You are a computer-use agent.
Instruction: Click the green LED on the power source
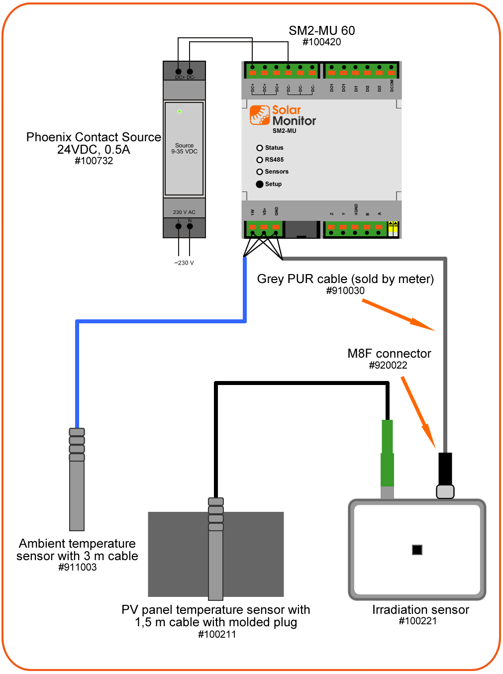click(x=180, y=111)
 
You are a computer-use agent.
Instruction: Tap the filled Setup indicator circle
click(x=260, y=184)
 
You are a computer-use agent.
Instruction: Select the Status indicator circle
click(x=260, y=148)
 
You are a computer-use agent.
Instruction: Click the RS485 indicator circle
click(x=260, y=160)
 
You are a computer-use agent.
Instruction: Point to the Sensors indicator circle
click(x=260, y=172)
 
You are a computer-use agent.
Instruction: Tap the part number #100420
click(x=322, y=42)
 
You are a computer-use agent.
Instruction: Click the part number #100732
click(x=94, y=161)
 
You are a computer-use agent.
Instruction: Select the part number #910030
click(x=345, y=291)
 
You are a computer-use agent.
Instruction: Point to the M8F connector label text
click(x=389, y=354)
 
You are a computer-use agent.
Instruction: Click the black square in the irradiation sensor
click(x=417, y=550)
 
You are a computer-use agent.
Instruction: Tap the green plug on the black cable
click(x=387, y=453)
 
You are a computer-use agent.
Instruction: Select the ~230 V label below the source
click(x=184, y=263)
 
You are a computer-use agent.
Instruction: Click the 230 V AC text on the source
click(x=184, y=212)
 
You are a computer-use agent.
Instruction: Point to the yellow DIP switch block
click(x=393, y=229)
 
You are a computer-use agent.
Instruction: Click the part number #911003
click(x=78, y=568)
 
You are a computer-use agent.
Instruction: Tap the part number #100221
click(x=418, y=621)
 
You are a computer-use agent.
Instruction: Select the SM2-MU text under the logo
click(x=285, y=131)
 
